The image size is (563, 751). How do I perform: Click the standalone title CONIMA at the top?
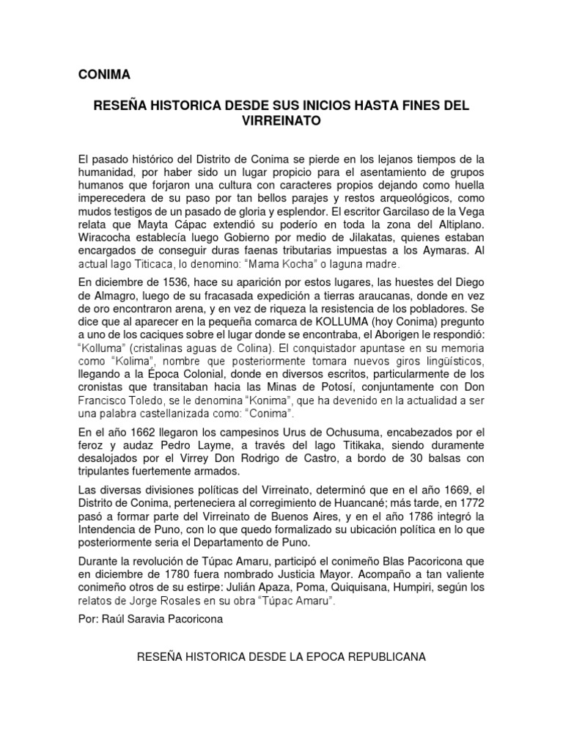(x=104, y=76)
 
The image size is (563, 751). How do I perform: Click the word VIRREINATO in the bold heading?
(x=281, y=122)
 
